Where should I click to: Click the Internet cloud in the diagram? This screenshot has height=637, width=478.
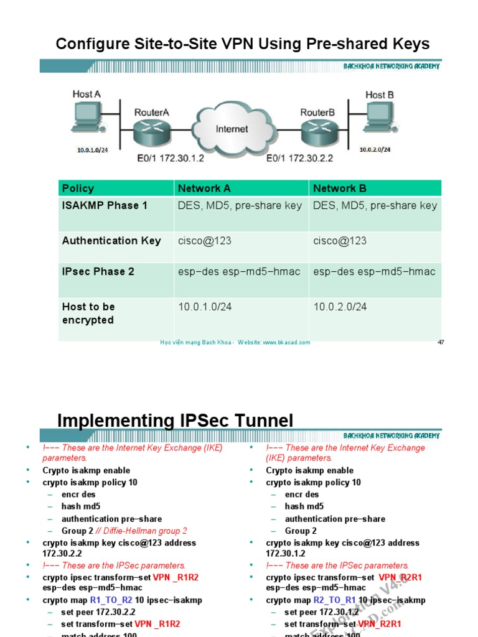click(232, 129)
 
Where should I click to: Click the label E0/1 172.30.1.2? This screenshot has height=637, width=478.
click(171, 159)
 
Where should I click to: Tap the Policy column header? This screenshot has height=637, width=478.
click(78, 188)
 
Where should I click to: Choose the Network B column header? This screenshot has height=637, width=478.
click(340, 188)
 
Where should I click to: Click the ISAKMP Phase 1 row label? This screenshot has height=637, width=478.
click(105, 205)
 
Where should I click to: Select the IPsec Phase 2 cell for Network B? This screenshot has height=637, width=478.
click(374, 271)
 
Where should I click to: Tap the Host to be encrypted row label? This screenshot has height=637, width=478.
click(88, 313)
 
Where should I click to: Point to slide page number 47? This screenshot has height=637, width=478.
click(441, 342)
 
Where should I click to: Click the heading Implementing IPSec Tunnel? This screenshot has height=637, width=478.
click(175, 421)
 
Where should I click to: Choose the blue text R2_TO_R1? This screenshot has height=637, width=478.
click(335, 600)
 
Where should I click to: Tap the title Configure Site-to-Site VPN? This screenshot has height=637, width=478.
click(243, 44)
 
